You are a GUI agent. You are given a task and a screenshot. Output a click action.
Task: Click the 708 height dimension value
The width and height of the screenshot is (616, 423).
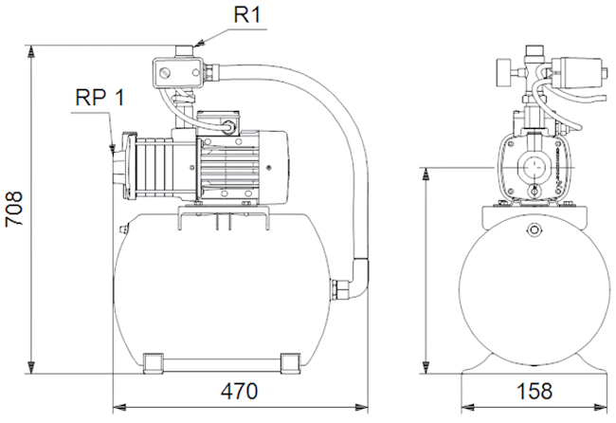point(14,209)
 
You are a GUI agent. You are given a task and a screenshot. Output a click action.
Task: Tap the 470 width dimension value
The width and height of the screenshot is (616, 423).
point(239,391)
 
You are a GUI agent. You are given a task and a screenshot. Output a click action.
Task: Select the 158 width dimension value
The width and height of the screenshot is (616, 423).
point(534,391)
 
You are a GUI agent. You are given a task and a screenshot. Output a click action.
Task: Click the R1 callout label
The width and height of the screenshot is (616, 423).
point(247,15)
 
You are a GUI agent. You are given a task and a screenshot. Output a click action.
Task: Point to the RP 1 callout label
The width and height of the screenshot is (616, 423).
point(100,97)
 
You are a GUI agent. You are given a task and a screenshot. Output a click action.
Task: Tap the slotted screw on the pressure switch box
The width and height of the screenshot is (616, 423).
point(165,73)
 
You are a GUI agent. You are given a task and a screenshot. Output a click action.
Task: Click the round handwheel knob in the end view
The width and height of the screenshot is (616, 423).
point(503,73)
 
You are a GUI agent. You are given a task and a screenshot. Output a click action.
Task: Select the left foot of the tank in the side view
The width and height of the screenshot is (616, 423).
point(153,362)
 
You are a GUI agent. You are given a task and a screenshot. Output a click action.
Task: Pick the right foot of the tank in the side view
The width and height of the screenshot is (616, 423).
point(290,362)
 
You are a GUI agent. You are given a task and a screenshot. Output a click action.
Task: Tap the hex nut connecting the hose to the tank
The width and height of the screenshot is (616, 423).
point(340,289)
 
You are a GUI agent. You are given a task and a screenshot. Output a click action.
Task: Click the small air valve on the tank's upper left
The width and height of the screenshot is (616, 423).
point(123,229)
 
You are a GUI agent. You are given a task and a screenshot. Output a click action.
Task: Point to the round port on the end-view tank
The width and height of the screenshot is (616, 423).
point(534,230)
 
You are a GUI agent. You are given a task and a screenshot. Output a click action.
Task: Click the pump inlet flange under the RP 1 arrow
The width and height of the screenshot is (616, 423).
point(119,164)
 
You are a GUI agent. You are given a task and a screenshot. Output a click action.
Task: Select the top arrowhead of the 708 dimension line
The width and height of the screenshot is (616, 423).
point(31,52)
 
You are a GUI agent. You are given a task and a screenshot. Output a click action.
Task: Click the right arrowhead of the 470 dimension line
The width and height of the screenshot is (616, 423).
point(361,407)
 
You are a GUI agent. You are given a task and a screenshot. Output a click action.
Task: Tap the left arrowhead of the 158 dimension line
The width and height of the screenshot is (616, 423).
point(468,407)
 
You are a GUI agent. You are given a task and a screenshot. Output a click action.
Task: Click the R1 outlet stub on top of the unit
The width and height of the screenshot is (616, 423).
point(184,51)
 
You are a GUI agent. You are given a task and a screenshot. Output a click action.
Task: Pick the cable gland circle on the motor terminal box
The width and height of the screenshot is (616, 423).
point(228,126)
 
